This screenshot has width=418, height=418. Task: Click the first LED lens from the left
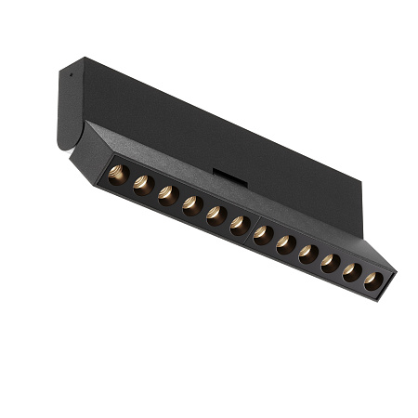point(118,175)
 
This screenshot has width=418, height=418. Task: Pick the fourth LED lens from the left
point(191,205)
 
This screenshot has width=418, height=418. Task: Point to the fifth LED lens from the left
point(216,216)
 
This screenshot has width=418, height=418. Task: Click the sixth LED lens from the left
point(239,225)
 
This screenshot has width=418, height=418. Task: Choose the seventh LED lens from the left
point(264,235)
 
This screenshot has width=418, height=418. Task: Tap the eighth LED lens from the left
point(286,245)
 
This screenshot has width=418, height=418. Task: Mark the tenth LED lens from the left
point(331,264)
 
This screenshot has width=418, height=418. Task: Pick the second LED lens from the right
point(352,273)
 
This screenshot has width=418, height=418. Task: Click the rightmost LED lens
point(372,281)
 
